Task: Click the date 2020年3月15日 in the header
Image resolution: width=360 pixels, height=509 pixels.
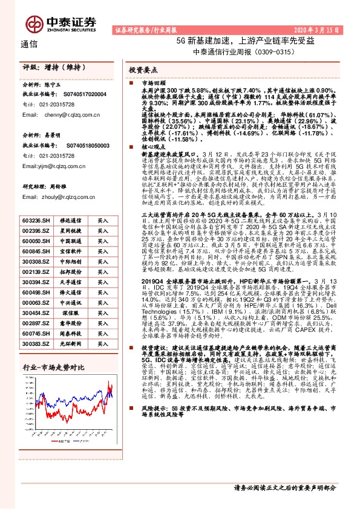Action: [x=319, y=29]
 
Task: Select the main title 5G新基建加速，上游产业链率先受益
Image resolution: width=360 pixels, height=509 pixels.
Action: [x=244, y=41]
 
